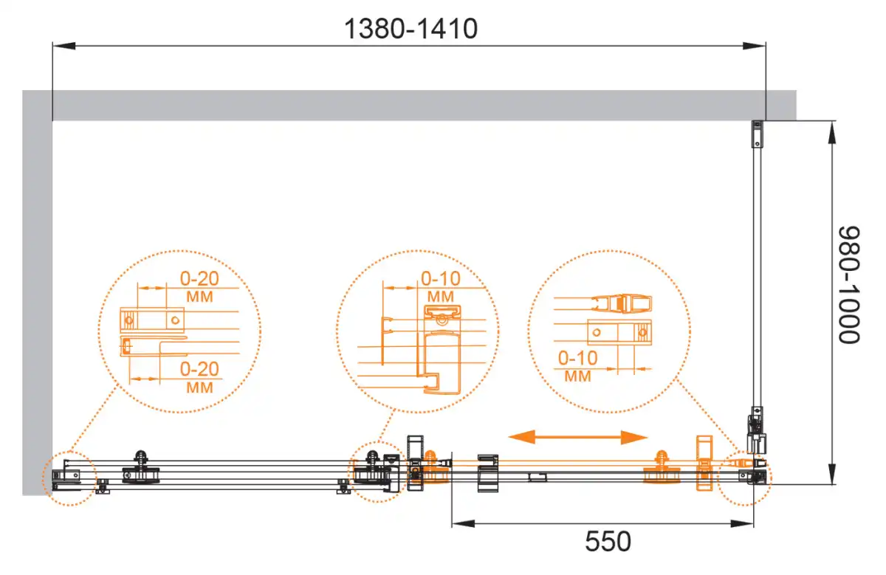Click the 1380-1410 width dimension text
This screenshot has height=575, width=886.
411,29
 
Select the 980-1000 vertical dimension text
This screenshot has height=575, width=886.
849,285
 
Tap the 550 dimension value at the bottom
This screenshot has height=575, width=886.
608,541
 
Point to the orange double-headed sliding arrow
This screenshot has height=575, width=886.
578,437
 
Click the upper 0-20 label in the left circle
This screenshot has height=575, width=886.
199,279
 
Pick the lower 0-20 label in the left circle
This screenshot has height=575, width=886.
199,369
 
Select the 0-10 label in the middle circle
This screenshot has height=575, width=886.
441,279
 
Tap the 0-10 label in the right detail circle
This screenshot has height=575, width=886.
577,358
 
